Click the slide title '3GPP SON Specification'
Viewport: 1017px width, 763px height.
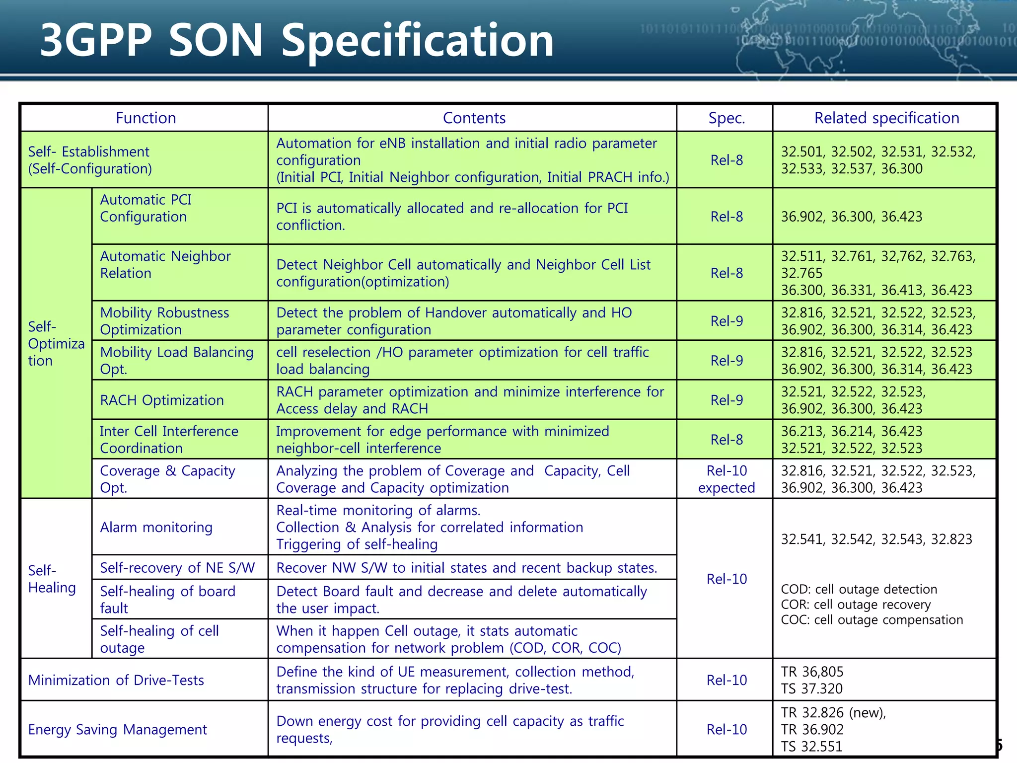296,41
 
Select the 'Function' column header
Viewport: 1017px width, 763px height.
145,118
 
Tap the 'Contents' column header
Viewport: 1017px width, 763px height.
474,118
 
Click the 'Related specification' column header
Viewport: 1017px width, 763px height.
886,118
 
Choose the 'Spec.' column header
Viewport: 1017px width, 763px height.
726,118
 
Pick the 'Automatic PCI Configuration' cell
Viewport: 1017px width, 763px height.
146,208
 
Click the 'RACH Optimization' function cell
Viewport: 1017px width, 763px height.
162,400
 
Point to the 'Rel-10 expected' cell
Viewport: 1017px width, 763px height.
726,479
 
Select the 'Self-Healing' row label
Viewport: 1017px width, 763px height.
52,579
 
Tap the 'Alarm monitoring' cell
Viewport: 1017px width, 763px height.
156,527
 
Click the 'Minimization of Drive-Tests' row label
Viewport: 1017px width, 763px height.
116,680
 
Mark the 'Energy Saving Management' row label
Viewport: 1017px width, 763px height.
117,729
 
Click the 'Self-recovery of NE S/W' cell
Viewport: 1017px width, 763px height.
177,568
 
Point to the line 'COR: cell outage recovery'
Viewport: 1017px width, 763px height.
856,605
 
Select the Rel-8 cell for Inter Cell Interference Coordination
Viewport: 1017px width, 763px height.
726,440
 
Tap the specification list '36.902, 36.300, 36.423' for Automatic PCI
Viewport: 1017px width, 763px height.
851,217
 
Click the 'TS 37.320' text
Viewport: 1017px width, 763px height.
811,688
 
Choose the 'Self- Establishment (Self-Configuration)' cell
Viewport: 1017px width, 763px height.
89,160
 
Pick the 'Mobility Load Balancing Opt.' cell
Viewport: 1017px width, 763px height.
176,360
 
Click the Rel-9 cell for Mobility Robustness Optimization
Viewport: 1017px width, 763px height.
726,321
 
